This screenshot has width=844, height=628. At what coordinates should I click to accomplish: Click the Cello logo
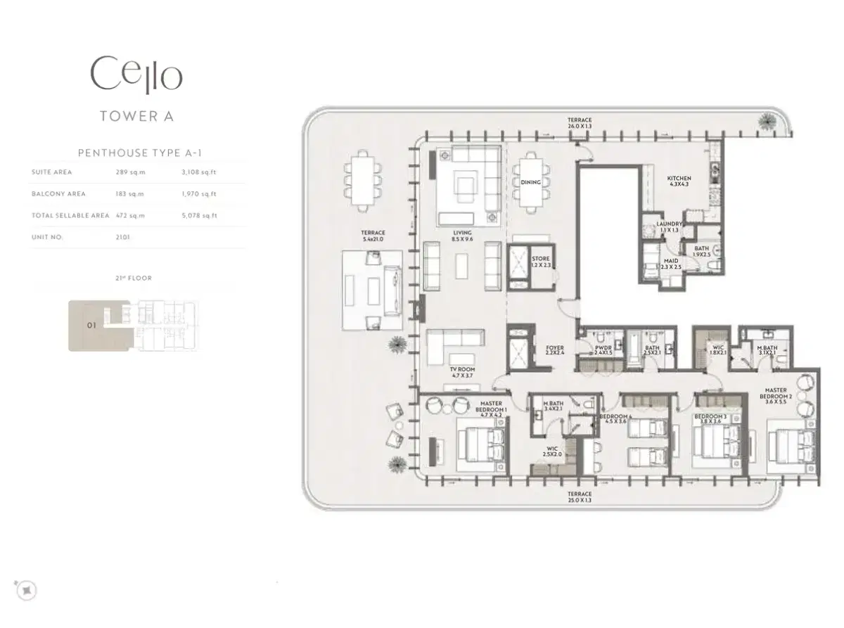136,75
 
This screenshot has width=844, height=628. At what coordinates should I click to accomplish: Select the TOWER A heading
136,117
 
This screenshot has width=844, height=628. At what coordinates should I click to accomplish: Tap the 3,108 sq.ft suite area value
199,172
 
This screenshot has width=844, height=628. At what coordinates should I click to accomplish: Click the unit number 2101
123,238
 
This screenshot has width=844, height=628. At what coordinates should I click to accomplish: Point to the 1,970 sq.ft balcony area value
199,194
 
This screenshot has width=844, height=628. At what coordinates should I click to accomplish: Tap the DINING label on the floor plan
531,182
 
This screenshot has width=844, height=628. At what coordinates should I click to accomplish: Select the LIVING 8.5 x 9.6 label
462,236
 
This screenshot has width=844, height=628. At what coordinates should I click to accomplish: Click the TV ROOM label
462,373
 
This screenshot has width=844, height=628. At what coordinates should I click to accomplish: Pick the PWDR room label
603,350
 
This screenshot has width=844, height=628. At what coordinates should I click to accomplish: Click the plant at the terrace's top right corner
765,122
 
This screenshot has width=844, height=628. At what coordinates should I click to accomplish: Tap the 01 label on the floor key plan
91,326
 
